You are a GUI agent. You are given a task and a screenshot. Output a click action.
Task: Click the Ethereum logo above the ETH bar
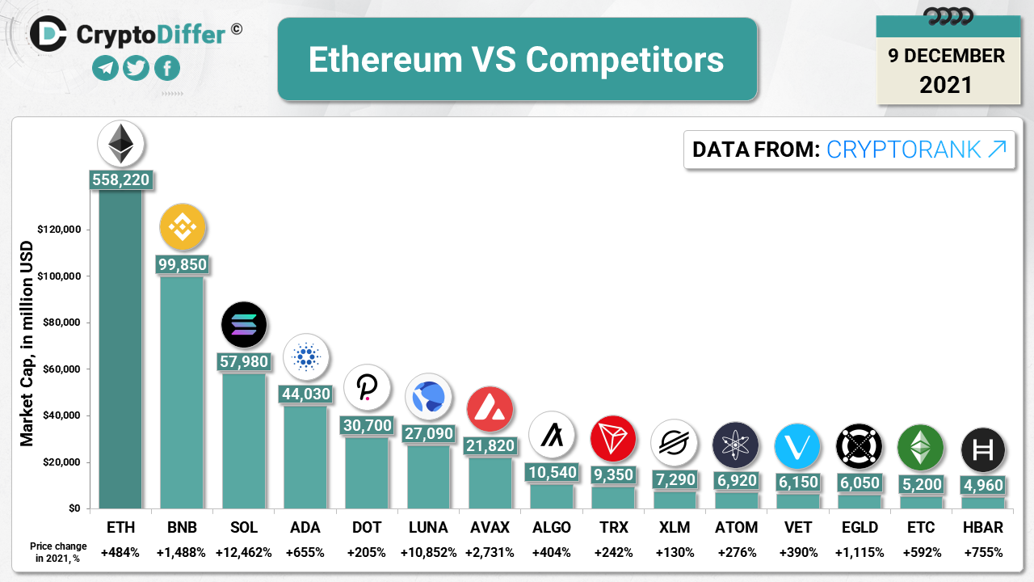tap(121, 145)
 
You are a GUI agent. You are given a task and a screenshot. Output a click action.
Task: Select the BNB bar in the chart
tap(182, 392)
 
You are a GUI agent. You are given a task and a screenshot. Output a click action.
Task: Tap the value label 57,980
tap(244, 361)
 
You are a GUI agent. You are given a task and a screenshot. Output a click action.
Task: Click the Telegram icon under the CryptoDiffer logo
tap(106, 68)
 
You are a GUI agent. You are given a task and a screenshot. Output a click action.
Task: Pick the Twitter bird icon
tap(137, 68)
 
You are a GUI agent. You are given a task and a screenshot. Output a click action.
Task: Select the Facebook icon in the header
tap(167, 68)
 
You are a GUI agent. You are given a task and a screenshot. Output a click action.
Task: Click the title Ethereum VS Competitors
tap(517, 60)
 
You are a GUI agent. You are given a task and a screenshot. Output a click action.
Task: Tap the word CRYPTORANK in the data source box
tap(904, 150)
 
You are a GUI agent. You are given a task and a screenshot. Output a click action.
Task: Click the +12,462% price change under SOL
tap(243, 553)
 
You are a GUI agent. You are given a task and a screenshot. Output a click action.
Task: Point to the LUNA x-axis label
tap(428, 528)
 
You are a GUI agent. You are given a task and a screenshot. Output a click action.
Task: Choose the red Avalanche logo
tap(490, 409)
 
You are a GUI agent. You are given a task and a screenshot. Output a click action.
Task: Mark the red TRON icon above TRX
tap(613, 438)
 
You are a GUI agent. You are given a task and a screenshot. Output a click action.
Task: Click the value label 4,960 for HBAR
tap(983, 485)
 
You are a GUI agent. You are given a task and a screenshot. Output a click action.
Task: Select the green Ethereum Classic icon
tap(920, 447)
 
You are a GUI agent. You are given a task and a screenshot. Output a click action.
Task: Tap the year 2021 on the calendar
tap(946, 84)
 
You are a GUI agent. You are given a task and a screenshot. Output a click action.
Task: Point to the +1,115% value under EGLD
tap(860, 553)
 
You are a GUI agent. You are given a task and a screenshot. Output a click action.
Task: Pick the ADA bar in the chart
tap(305, 457)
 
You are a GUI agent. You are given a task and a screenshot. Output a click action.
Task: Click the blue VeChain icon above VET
tap(797, 446)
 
